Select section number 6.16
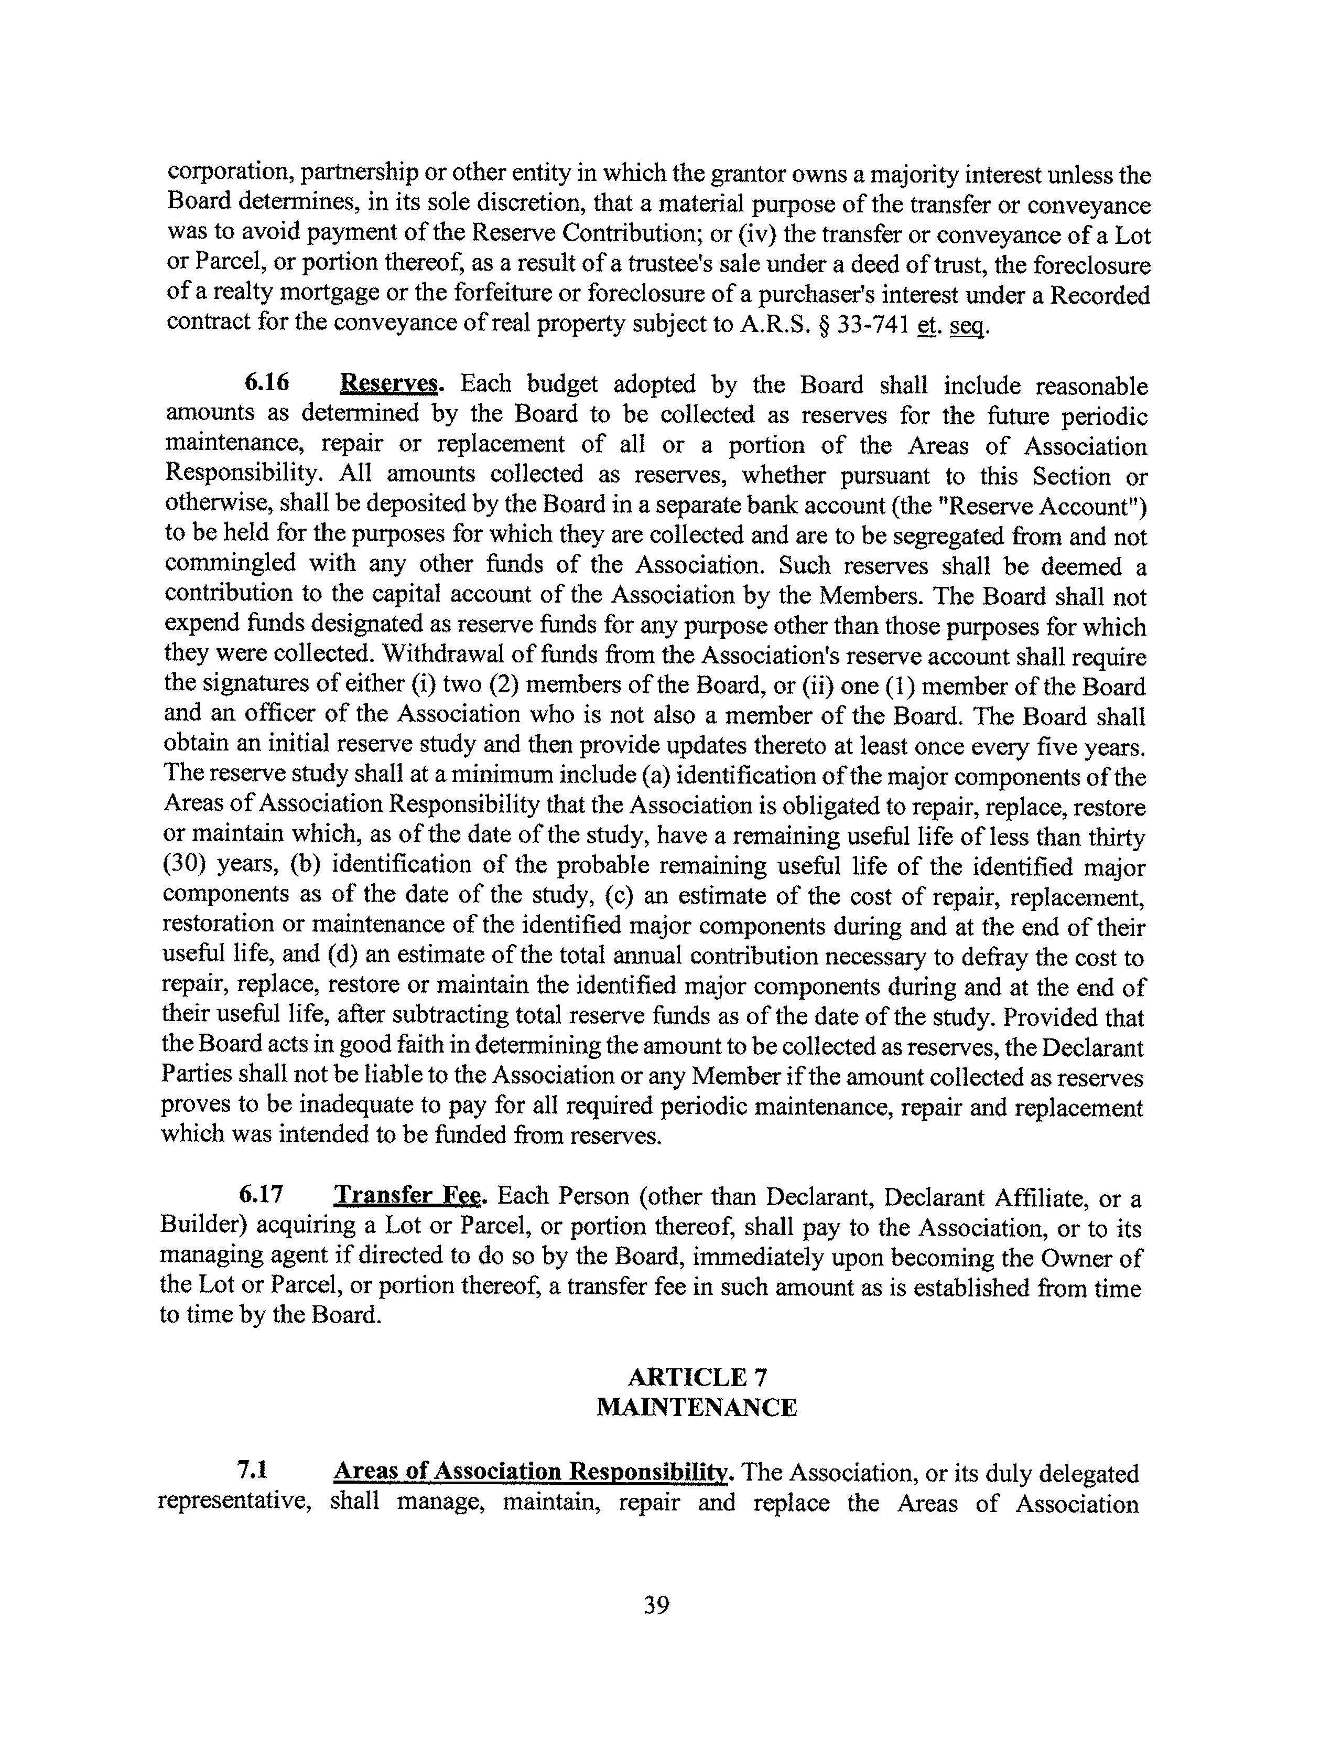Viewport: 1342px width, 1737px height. click(266, 383)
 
